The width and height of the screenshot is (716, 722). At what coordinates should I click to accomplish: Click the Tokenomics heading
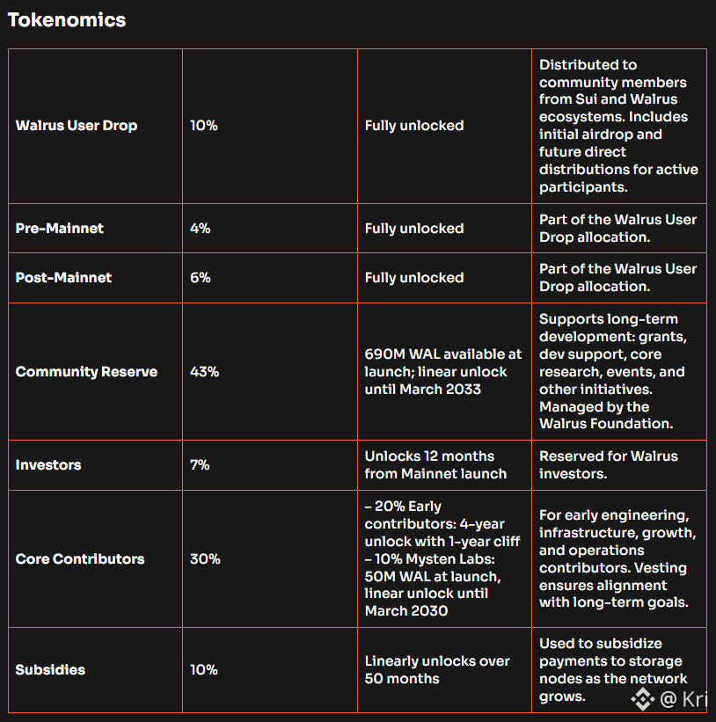pyautogui.click(x=67, y=20)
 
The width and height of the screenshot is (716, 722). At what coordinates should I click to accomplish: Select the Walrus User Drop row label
pyautogui.click(x=77, y=126)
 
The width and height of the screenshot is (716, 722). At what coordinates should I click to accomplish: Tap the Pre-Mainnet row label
pyautogui.click(x=60, y=229)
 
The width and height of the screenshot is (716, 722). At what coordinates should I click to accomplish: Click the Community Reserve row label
pyautogui.click(x=86, y=372)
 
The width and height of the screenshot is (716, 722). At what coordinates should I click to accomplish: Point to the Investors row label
pyautogui.click(x=48, y=465)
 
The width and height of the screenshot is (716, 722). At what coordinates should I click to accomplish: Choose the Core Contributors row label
pyautogui.click(x=80, y=559)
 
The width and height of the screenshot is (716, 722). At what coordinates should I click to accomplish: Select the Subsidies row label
pyautogui.click(x=50, y=670)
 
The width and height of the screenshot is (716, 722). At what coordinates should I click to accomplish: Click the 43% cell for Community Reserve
pyautogui.click(x=204, y=372)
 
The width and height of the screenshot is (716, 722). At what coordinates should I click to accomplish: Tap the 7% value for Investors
pyautogui.click(x=200, y=465)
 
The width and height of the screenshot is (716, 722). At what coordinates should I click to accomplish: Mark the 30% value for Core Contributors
pyautogui.click(x=205, y=559)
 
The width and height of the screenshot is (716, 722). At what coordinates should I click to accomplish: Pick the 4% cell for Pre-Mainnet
pyautogui.click(x=201, y=229)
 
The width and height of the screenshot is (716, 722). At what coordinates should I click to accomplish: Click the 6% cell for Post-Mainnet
pyautogui.click(x=201, y=278)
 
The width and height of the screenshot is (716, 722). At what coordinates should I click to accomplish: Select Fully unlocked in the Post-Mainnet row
pyautogui.click(x=414, y=278)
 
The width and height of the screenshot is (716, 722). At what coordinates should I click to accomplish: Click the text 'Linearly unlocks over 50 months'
pyautogui.click(x=437, y=670)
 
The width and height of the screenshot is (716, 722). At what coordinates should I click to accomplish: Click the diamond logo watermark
pyautogui.click(x=643, y=699)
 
